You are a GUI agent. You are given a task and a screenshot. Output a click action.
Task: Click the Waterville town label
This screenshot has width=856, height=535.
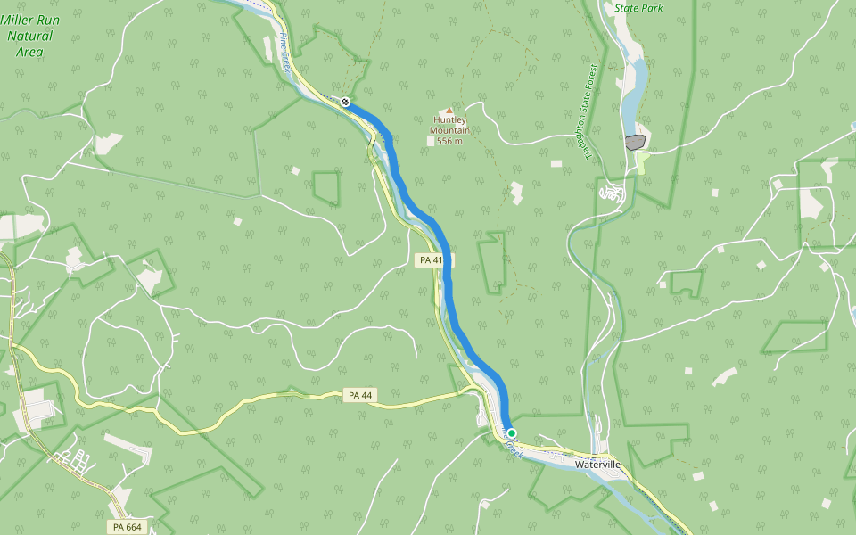click(x=597, y=465)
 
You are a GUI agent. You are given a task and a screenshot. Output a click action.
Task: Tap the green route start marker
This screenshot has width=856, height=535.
click(x=512, y=433)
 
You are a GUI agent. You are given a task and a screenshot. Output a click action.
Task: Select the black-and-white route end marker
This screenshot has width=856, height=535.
click(x=345, y=102)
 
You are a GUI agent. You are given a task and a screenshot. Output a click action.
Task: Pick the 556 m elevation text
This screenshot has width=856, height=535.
click(x=450, y=141)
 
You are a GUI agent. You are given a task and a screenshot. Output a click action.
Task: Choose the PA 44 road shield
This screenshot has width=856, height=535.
click(x=357, y=394)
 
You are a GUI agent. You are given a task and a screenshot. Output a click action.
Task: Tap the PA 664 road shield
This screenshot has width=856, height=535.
click(x=128, y=527)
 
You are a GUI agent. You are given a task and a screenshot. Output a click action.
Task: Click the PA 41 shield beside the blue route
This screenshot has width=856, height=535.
click(x=431, y=260)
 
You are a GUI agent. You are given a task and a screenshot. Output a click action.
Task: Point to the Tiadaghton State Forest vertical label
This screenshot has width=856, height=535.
click(x=589, y=111)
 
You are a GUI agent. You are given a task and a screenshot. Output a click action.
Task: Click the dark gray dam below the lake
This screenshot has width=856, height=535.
click(x=635, y=142)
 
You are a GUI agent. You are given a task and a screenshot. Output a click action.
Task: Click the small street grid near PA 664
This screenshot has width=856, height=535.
click(x=74, y=460)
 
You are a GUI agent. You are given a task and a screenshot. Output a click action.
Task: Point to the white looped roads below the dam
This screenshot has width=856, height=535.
click(x=613, y=192)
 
